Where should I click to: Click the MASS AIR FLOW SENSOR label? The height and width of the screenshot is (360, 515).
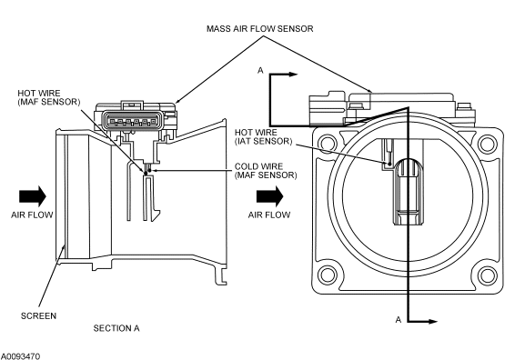260,29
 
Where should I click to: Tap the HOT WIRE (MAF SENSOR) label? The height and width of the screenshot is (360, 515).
49,97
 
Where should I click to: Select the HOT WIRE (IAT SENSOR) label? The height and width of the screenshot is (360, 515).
263,137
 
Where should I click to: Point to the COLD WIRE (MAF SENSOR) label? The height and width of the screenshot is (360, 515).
266,171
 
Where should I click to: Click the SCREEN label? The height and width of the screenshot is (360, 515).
38,316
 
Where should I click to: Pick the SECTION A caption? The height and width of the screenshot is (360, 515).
116,328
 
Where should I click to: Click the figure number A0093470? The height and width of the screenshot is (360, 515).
20,356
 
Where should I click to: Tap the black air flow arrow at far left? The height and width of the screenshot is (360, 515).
33,196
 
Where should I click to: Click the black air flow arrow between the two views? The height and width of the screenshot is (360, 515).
269,196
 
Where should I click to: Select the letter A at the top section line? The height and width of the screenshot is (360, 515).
260,70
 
